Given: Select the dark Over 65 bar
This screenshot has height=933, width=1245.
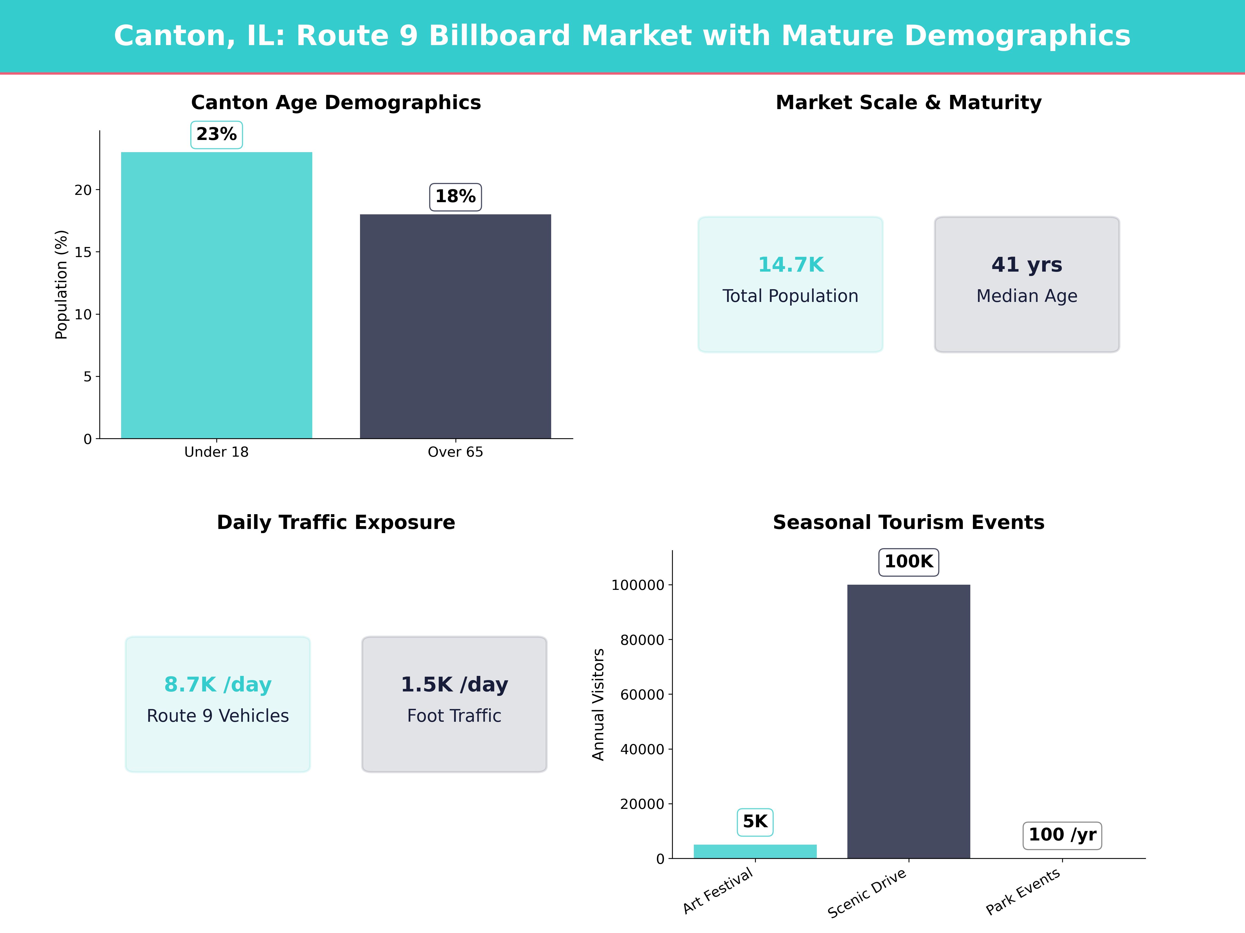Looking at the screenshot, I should click(455, 326).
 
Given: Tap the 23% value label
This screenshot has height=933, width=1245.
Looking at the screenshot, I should click(217, 135).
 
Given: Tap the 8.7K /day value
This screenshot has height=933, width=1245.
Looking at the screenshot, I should click(218, 684).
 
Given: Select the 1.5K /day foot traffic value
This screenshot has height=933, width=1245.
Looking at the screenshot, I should click(454, 684).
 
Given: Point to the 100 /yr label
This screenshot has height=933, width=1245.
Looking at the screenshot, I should click(1062, 835).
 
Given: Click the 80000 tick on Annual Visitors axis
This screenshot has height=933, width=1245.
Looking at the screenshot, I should click(642, 640).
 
